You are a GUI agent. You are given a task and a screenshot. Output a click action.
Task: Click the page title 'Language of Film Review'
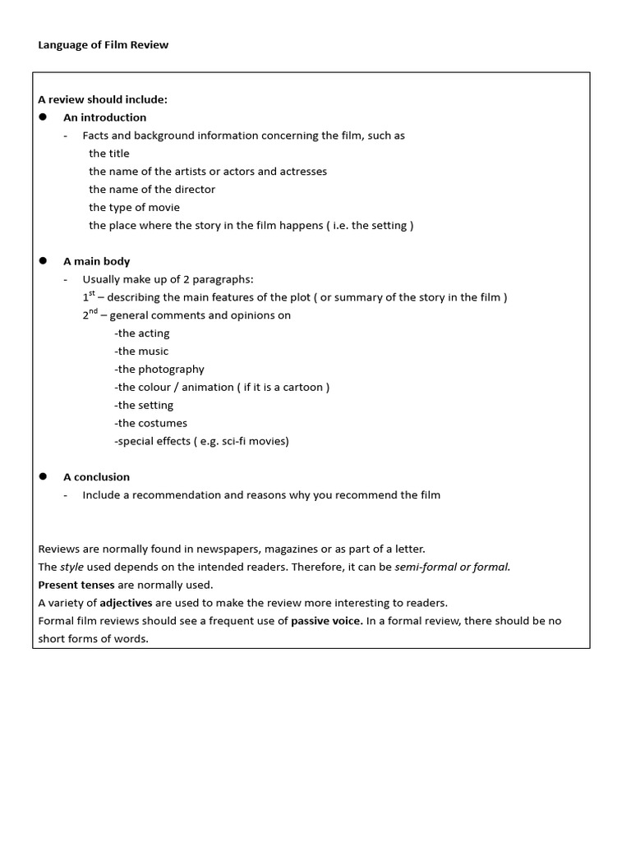tap(103, 45)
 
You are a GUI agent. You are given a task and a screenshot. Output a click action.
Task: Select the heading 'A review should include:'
tap(103, 99)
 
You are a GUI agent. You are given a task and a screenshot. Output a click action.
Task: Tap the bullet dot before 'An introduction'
tap(44, 117)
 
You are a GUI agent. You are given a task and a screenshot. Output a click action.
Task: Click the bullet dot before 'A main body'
tap(44, 260)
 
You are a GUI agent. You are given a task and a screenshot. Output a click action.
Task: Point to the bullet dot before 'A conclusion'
tap(44, 476)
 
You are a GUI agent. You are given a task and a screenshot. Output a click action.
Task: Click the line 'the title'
tap(109, 154)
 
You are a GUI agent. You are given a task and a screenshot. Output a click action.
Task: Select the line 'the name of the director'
tap(152, 190)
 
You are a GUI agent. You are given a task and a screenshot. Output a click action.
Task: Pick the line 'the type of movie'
tap(134, 208)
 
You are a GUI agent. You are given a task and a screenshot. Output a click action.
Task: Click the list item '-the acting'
tap(142, 333)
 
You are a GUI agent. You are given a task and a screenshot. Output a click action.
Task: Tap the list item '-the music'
tap(141, 352)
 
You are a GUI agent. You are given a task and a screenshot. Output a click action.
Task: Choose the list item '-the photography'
tap(159, 370)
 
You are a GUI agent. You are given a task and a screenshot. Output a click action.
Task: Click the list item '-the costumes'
tap(151, 424)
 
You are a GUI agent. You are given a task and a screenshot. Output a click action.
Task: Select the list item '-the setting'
tap(144, 406)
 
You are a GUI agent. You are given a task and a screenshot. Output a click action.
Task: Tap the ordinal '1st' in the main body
tap(88, 296)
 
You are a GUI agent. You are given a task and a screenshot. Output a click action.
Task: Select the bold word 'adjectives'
tap(127, 603)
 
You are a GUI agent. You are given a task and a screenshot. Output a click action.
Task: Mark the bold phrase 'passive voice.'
tap(327, 621)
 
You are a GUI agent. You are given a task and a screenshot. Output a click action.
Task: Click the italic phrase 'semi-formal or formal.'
tap(452, 568)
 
